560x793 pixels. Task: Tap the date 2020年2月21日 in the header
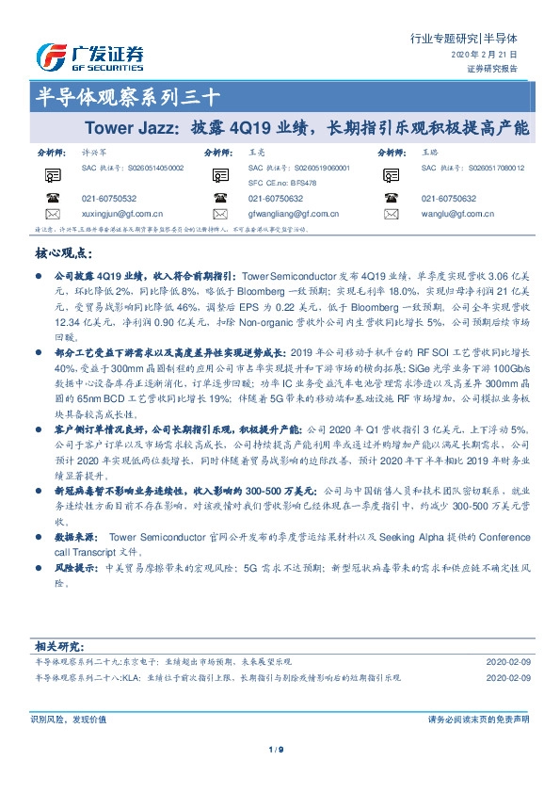(x=498, y=56)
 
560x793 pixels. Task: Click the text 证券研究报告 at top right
(x=505, y=70)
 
